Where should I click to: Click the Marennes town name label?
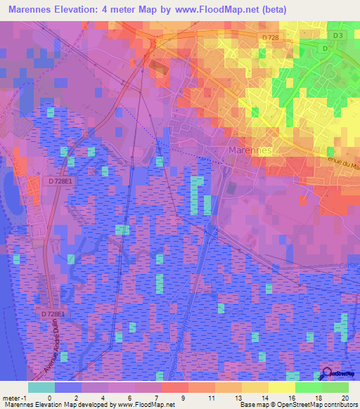(250, 150)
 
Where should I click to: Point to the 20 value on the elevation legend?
(344, 397)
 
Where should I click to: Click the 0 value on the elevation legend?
(49, 397)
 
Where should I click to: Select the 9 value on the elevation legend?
(183, 397)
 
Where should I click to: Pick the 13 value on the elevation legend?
(240, 397)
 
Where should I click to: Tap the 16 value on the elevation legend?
(291, 397)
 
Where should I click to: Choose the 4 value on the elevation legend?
(103, 397)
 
